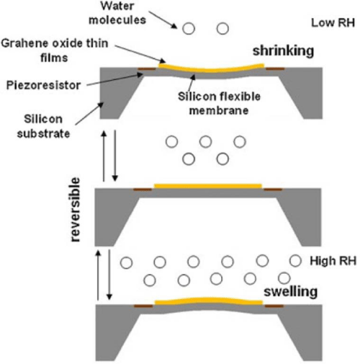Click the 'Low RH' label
(333, 23)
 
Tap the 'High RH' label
(333, 261)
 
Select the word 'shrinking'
(283, 51)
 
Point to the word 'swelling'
(290, 292)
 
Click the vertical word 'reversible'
(76, 210)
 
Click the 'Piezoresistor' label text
(43, 85)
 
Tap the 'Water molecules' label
(117, 13)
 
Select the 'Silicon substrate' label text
(43, 126)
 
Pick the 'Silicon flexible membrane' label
(219, 104)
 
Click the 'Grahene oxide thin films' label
(55, 50)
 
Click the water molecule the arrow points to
(189, 29)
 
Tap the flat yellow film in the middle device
(208, 186)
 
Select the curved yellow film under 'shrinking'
(211, 70)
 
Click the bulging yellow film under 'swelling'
(209, 301)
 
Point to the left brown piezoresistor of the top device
(146, 69)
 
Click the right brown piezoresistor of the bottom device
(274, 306)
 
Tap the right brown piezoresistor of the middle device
(273, 190)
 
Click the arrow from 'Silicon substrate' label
(89, 114)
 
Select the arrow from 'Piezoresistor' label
(114, 79)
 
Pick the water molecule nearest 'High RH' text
(295, 261)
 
